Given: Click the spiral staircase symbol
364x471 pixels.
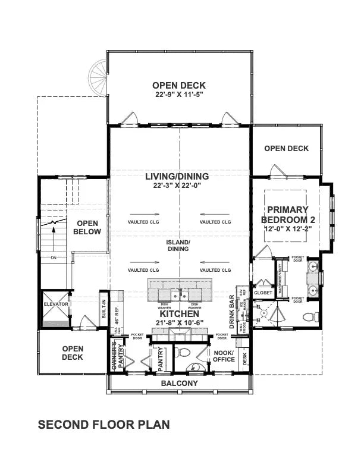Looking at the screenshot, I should point(98,76).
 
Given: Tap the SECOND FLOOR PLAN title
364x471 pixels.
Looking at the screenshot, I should point(104,425).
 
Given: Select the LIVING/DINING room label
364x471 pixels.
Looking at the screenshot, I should point(177,177).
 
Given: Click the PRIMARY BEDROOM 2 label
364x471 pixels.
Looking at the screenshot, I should point(287,215).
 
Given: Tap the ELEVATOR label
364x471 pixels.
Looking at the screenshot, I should point(56,304).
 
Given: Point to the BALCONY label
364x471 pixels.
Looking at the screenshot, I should point(179,384).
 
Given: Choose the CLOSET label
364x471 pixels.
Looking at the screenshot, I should point(263,293).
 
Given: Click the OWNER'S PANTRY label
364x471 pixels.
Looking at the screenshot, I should point(117,356).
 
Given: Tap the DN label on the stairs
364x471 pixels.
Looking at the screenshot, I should point(53,258).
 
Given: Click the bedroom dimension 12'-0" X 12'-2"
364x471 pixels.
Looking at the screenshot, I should point(287,230).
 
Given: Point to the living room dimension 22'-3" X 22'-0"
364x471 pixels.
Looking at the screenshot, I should point(177,186).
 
